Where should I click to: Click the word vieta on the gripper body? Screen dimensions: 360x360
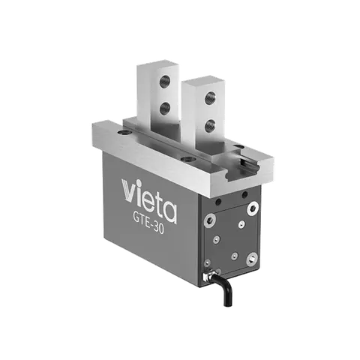point(149,200)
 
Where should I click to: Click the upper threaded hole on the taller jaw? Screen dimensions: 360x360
point(164,82)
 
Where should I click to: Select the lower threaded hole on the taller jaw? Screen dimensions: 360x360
point(164,109)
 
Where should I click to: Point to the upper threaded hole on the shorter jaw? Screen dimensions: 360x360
point(210,98)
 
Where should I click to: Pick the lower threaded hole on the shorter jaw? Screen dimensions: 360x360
point(210,126)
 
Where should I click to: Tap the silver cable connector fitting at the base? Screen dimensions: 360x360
point(206,277)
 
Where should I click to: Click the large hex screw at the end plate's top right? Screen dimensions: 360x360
point(252,208)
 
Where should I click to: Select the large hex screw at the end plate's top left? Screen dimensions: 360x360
point(209,220)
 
